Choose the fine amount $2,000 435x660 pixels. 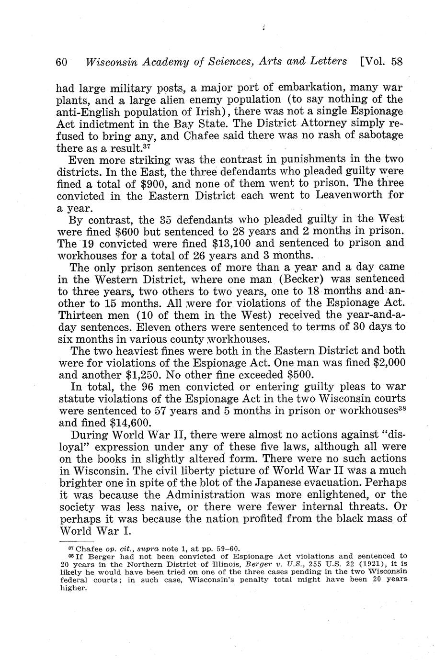386,363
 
